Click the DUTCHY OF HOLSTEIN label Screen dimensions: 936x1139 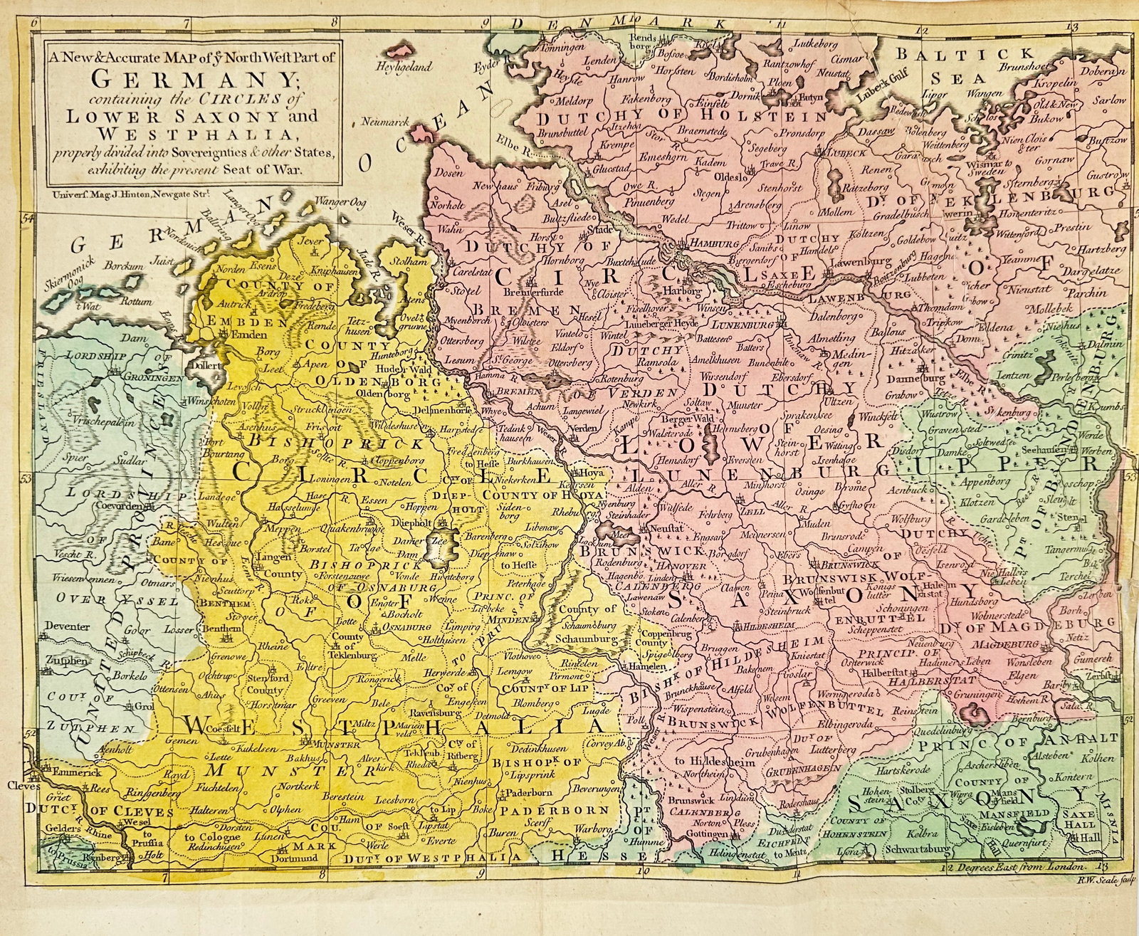tap(683, 117)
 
